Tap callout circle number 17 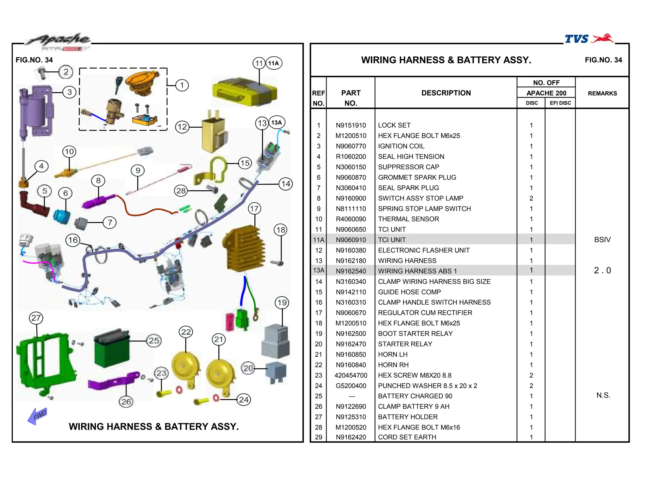click(254, 209)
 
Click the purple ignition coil click(35, 109)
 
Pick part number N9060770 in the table click(351, 146)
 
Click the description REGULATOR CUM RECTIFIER click(425, 313)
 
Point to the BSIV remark click(602, 240)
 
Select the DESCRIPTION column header click(446, 93)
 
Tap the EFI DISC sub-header click(560, 103)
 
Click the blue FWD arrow click(37, 416)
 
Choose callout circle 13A click(277, 123)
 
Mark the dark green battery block click(112, 348)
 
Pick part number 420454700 click(351, 376)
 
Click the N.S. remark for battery click(603, 395)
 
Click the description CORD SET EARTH click(407, 437)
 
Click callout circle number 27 click(36, 318)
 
